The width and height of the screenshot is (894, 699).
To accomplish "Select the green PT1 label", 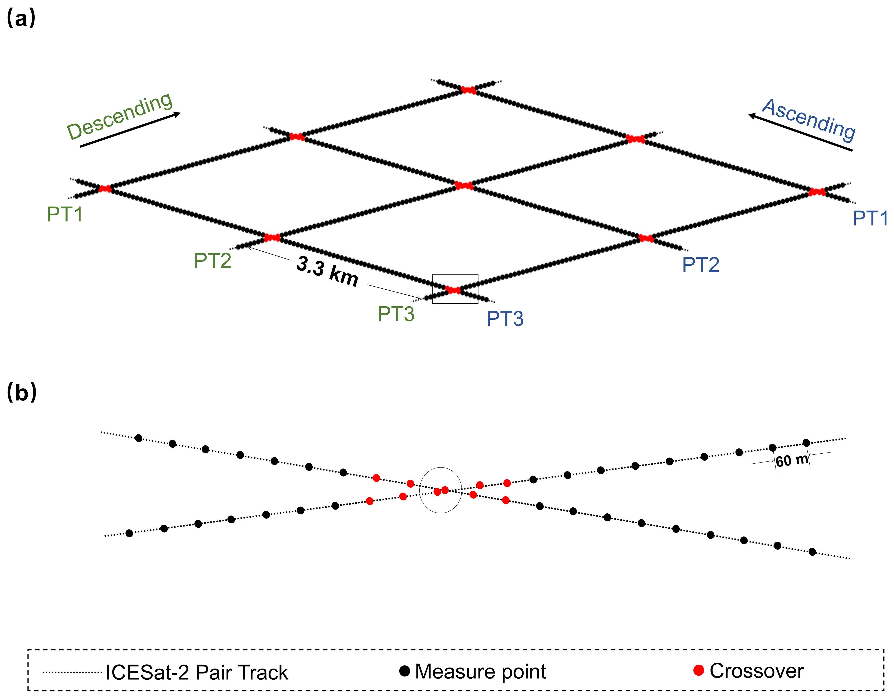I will pyautogui.click(x=65, y=214).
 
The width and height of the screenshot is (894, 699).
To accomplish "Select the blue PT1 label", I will pyautogui.click(x=870, y=218).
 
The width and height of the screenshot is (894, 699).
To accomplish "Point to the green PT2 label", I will pyautogui.click(x=212, y=260).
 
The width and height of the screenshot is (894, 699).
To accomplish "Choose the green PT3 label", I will pyautogui.click(x=396, y=314).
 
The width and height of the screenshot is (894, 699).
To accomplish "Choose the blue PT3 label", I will pyautogui.click(x=505, y=318).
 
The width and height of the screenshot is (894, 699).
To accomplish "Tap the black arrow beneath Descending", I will pyautogui.click(x=130, y=129).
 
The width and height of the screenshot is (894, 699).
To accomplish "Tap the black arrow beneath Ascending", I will pyautogui.click(x=800, y=133).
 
